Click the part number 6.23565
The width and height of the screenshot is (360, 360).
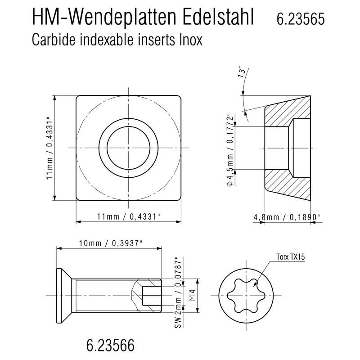pos(301,19)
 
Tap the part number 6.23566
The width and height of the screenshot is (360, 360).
pos(110,345)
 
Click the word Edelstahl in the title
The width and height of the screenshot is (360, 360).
pos(218,17)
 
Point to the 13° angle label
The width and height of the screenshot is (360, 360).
pos(242,72)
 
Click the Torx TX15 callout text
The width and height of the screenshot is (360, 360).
pos(290,256)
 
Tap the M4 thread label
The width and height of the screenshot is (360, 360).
pos(193,295)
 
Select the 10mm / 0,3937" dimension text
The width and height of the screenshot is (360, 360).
pos(110,243)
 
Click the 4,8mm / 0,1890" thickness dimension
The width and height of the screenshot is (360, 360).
pos(287,217)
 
